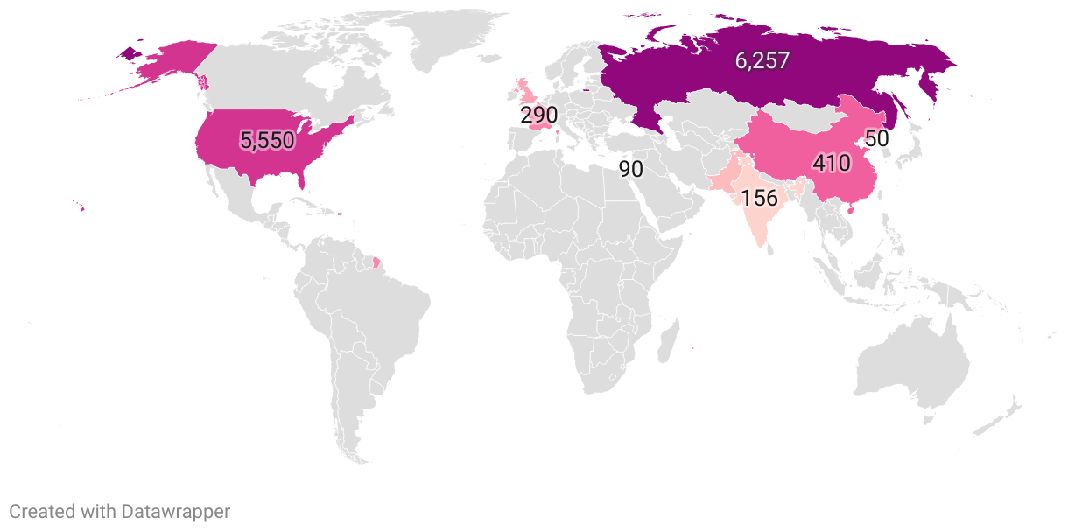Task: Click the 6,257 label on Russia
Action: pos(762,60)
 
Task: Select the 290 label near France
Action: pos(538,115)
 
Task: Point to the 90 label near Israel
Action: pos(630,169)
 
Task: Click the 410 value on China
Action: pos(831,163)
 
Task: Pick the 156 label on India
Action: pos(759,198)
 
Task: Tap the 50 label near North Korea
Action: pos(877,138)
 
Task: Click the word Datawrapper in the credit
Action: pos(176,512)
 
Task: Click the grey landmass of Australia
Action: pos(910,367)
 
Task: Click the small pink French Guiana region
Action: pos(376,262)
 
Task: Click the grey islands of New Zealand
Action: pos(1002,416)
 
